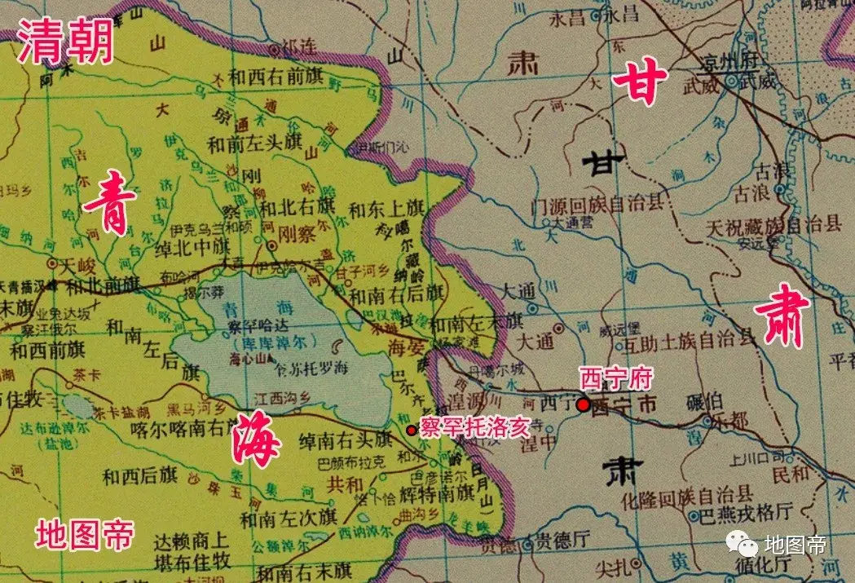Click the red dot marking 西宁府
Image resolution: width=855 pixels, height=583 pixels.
tap(583, 404)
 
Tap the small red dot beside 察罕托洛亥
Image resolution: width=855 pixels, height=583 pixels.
tap(410, 430)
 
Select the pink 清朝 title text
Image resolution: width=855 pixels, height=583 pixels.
tap(65, 42)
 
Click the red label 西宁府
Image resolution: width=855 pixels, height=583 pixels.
tap(606, 378)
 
